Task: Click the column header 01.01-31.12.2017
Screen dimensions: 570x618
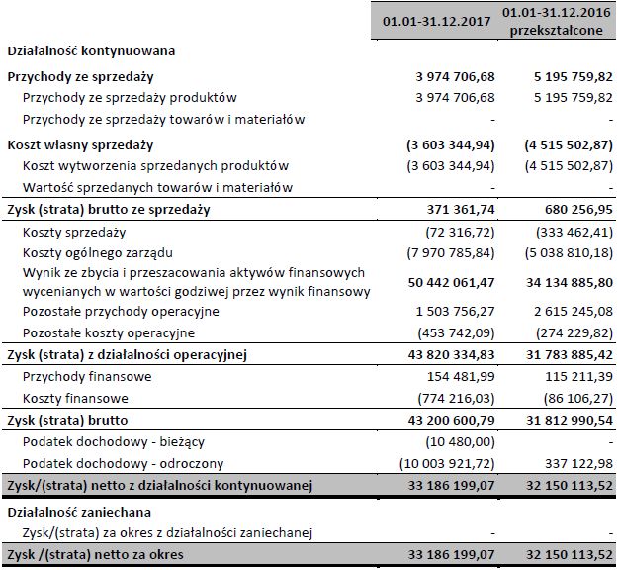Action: pyautogui.click(x=436, y=19)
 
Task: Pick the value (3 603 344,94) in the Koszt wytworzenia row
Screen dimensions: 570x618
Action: pyautogui.click(x=451, y=165)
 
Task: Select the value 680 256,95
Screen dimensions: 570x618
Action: pyautogui.click(x=574, y=211)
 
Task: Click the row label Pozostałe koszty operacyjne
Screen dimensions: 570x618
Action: pyautogui.click(x=109, y=332)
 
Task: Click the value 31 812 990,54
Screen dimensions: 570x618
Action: pyautogui.click(x=561, y=420)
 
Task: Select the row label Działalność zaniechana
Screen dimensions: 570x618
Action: pyautogui.click(x=80, y=512)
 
